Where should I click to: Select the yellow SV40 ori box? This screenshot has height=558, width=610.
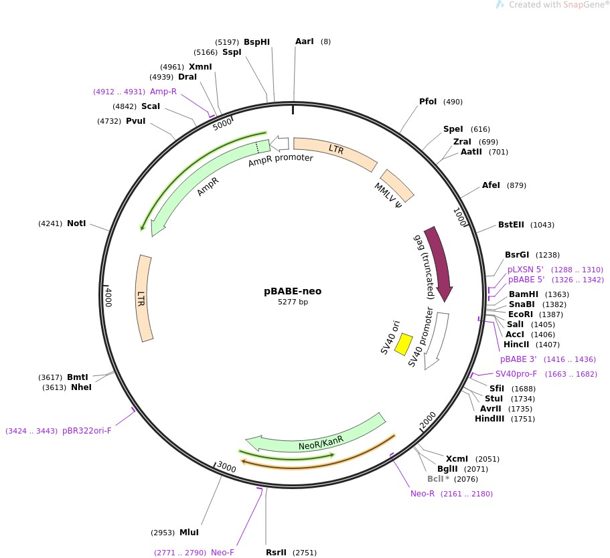click(x=404, y=344)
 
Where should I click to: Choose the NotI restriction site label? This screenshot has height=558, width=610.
click(x=76, y=223)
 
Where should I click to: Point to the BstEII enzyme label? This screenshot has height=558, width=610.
click(x=512, y=225)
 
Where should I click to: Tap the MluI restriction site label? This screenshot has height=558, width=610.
click(x=189, y=533)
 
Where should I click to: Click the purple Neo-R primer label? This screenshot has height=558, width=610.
click(x=423, y=494)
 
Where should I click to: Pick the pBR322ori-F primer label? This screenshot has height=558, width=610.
click(x=87, y=431)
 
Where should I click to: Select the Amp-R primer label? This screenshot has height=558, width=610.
click(x=163, y=92)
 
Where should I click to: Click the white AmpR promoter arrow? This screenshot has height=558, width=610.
click(x=279, y=143)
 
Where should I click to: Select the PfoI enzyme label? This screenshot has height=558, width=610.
click(x=428, y=102)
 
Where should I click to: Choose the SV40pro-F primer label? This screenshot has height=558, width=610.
click(x=516, y=374)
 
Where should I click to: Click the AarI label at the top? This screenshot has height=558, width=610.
click(x=304, y=41)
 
